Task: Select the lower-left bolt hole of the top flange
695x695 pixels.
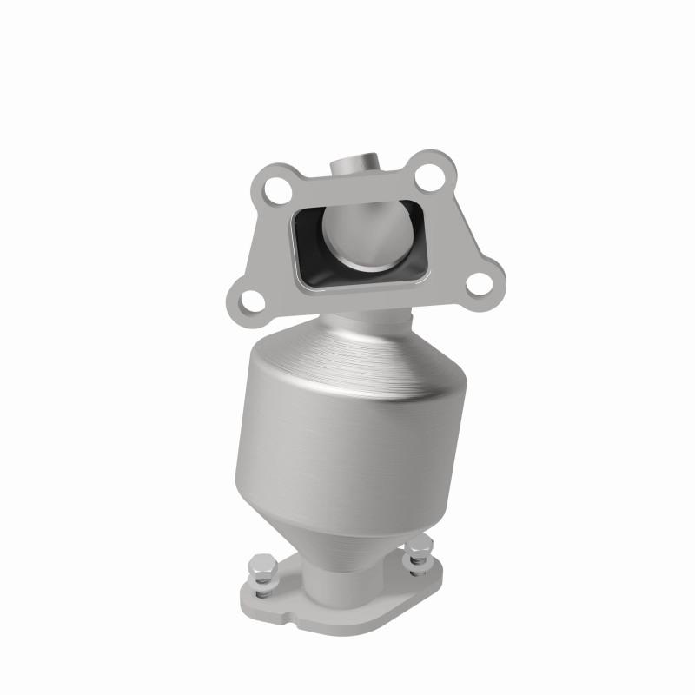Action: (x=251, y=301)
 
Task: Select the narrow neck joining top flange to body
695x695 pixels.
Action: (x=361, y=321)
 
